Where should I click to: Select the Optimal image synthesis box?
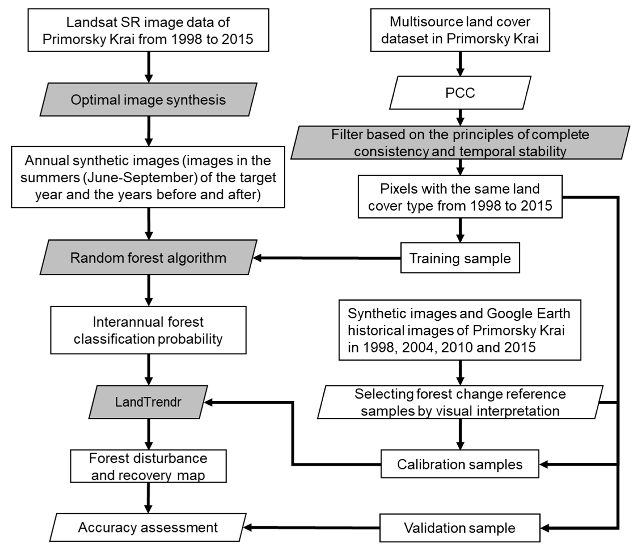148,100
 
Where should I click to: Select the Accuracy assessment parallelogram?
148,527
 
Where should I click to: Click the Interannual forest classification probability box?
148,330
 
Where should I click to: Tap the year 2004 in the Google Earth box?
419,348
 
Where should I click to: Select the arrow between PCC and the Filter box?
460,117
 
